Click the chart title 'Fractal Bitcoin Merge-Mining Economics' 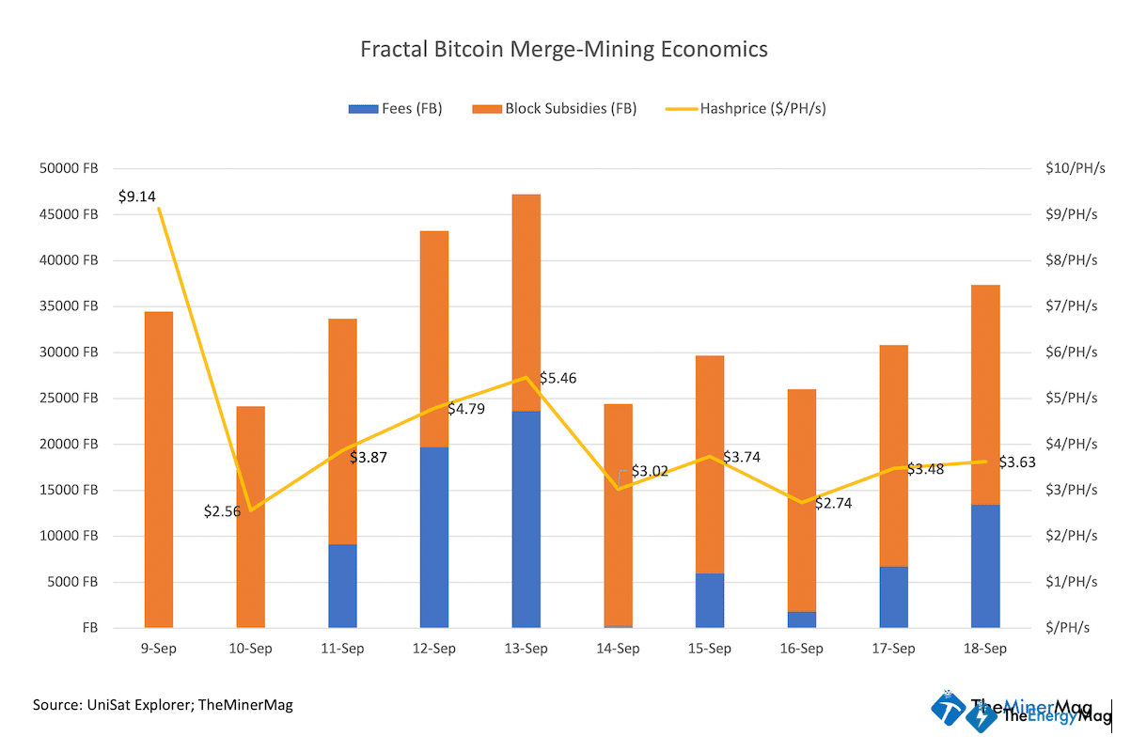click(x=564, y=49)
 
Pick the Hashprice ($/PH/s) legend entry click(x=746, y=108)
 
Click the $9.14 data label click(x=137, y=196)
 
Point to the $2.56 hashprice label click(x=223, y=511)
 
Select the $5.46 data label click(x=558, y=378)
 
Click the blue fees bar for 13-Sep click(x=526, y=519)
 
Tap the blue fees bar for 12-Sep click(x=433, y=537)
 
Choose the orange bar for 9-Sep click(x=158, y=469)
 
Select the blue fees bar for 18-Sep click(x=984, y=566)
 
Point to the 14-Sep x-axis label click(x=618, y=649)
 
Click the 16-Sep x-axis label click(x=801, y=649)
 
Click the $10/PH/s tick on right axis click(x=1071, y=168)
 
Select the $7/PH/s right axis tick click(x=1071, y=306)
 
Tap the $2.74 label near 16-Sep click(x=833, y=503)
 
